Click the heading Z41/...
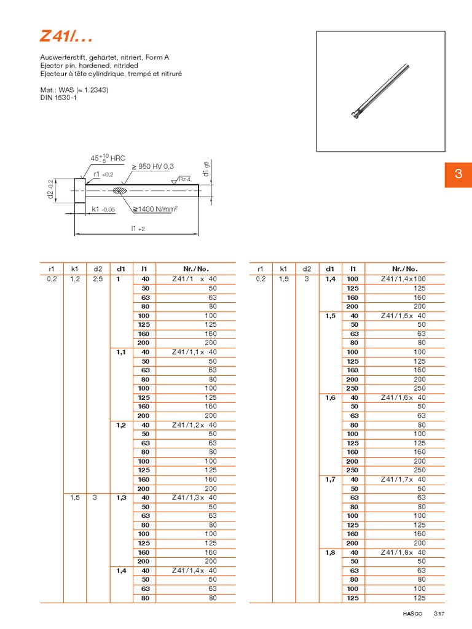click(66, 37)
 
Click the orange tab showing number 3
click(458, 174)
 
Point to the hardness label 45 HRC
click(108, 159)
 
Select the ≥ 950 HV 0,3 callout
click(152, 166)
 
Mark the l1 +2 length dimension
click(138, 228)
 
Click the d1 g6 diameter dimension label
click(206, 169)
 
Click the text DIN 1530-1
click(57, 98)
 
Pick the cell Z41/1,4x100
click(403, 279)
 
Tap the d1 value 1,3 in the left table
click(121, 498)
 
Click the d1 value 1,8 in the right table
click(330, 552)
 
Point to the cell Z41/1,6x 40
click(403, 397)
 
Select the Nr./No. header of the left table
click(196, 268)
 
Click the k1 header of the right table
click(283, 268)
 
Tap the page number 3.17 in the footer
click(439, 613)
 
